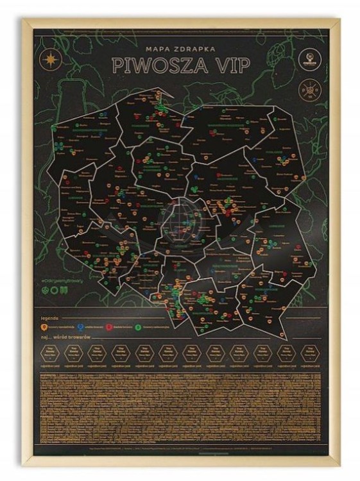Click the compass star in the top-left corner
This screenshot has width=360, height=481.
point(49,59)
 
